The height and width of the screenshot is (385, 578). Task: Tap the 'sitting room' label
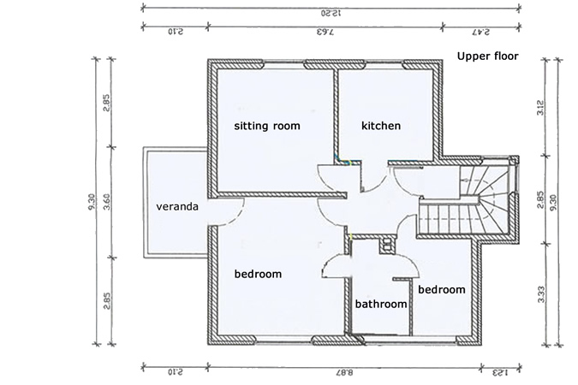pyautogui.click(x=267, y=126)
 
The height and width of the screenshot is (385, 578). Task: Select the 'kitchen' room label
pyautogui.click(x=381, y=126)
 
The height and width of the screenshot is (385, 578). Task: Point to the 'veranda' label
pyautogui.click(x=177, y=207)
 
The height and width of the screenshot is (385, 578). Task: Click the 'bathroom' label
pyautogui.click(x=380, y=304)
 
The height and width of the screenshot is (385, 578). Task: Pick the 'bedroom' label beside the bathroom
pyautogui.click(x=442, y=290)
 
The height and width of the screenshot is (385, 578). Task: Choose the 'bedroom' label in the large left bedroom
pyautogui.click(x=258, y=274)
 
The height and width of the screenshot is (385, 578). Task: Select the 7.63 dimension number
pyautogui.click(x=325, y=32)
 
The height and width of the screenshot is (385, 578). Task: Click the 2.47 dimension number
pyautogui.click(x=480, y=32)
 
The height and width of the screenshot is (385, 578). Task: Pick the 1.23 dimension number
pyautogui.click(x=499, y=373)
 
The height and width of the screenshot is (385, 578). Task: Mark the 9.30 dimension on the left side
pyautogui.click(x=91, y=203)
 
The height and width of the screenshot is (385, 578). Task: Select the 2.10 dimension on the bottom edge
pyautogui.click(x=174, y=373)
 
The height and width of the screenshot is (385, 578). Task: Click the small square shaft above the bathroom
pyautogui.click(x=387, y=246)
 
